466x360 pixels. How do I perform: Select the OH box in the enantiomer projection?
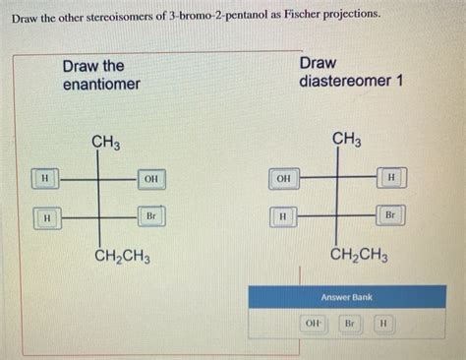tap(150, 179)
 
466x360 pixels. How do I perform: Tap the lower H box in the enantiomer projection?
tap(45, 216)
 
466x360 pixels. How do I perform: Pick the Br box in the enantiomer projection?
tap(150, 215)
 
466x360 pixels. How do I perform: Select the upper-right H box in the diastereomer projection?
tap(391, 177)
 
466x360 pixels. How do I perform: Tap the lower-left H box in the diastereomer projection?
tap(283, 215)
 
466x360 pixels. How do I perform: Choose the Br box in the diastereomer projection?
tap(390, 214)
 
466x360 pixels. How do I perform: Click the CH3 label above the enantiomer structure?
tap(106, 145)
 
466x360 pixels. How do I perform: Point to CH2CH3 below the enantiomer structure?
tap(123, 258)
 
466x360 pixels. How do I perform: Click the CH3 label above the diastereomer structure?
tap(346, 140)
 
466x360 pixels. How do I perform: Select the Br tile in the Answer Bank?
tap(349, 324)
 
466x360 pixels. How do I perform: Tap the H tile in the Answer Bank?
tap(383, 324)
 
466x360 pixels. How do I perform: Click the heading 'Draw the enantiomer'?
tap(100, 75)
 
